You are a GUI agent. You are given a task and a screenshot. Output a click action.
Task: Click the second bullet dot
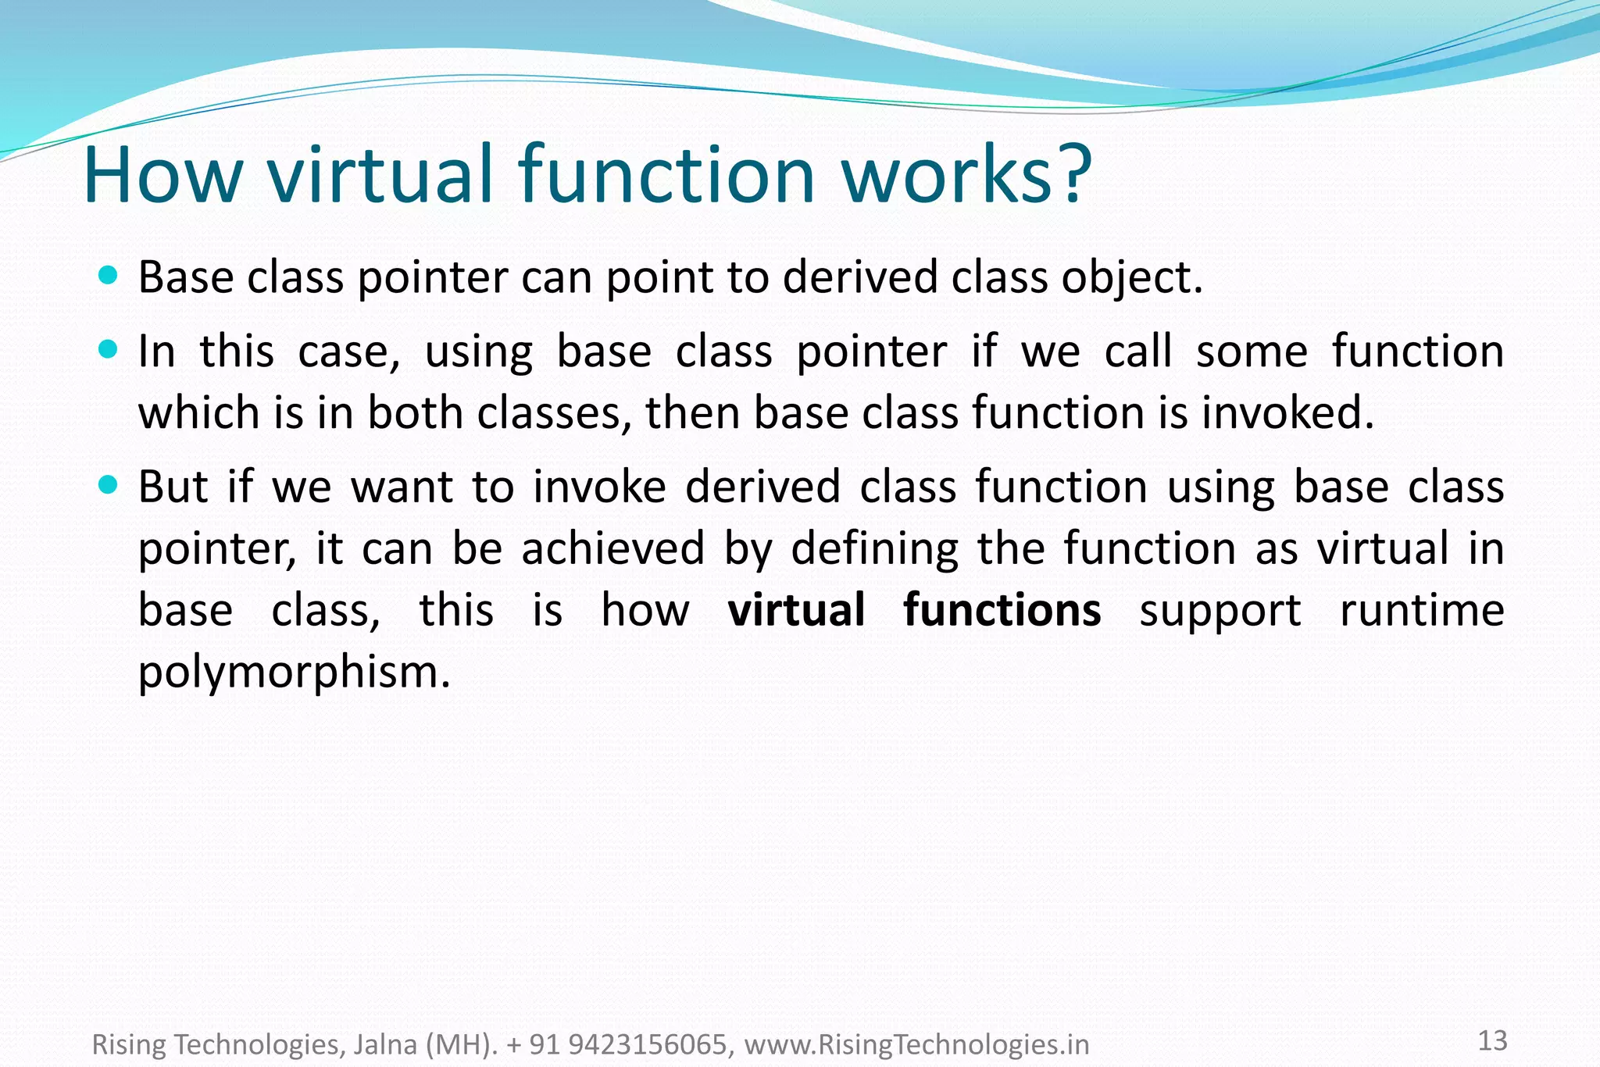[109, 348]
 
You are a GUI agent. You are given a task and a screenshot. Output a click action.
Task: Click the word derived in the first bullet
[860, 277]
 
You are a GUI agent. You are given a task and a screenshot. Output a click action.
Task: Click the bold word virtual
[796, 610]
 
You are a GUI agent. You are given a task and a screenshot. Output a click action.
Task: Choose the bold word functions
[1002, 610]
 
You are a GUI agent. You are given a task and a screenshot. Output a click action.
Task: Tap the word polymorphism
[293, 672]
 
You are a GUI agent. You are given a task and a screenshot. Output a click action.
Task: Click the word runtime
[1422, 610]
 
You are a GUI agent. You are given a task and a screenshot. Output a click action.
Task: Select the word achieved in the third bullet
[613, 548]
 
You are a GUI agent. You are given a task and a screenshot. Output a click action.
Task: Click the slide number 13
[1492, 1040]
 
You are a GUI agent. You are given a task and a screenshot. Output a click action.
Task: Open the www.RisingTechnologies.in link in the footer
[916, 1044]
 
